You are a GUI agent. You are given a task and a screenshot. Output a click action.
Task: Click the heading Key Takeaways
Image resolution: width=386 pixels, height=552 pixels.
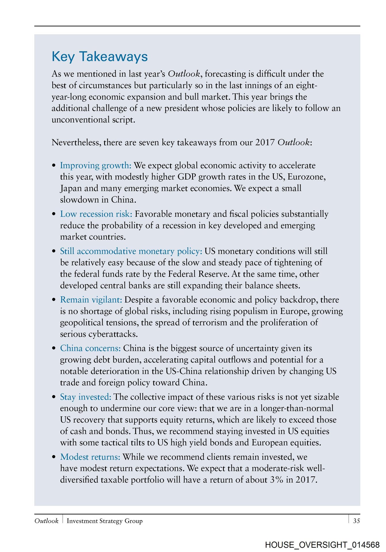[x=100, y=57]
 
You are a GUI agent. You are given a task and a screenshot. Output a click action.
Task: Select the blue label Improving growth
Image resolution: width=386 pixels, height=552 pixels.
[x=95, y=165]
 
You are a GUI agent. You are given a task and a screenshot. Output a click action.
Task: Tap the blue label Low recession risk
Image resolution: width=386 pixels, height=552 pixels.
[x=96, y=214]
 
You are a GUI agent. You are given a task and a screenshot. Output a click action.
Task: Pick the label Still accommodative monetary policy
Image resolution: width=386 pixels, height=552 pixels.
[x=131, y=251]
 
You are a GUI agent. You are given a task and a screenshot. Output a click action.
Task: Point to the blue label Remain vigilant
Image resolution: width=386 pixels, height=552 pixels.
[x=91, y=300]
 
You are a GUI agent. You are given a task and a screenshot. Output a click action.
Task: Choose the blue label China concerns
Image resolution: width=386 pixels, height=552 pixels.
[x=90, y=348]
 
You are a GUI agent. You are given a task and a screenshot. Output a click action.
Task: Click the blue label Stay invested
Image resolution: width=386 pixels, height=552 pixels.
[x=85, y=397]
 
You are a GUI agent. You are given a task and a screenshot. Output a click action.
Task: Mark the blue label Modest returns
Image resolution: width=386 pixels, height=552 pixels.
[x=90, y=457]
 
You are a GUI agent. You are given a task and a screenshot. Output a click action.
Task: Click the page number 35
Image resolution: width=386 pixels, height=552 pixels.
[x=356, y=521]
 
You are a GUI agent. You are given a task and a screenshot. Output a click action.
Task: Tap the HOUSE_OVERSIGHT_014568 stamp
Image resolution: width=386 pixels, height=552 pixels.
[x=322, y=545]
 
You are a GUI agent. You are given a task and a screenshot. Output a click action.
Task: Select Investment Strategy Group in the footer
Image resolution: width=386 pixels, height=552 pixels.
[x=104, y=521]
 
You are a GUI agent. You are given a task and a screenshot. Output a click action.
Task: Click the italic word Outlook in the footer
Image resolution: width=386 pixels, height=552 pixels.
[x=46, y=521]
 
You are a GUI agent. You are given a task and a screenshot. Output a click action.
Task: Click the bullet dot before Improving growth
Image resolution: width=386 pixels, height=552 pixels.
[x=54, y=166]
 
